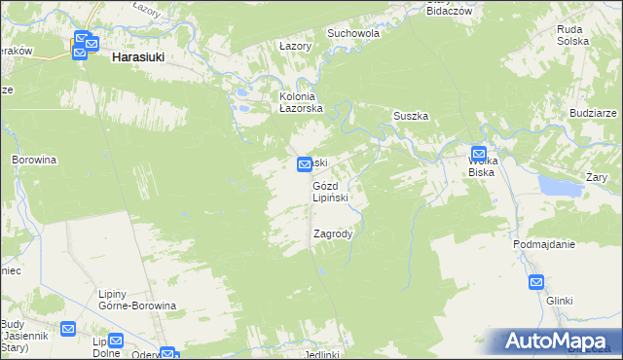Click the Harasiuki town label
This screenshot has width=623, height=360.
137,57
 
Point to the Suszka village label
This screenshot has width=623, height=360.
411,116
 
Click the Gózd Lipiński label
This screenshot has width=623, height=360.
337,191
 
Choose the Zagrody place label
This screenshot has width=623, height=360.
333,234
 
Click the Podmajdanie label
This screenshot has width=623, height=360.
544,244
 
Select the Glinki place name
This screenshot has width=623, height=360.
559,301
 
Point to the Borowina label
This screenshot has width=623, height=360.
34,159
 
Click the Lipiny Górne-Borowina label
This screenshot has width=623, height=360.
137,300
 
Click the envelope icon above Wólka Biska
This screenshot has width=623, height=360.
479,153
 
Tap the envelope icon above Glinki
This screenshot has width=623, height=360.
536,282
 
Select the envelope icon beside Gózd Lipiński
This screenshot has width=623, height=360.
304,164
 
